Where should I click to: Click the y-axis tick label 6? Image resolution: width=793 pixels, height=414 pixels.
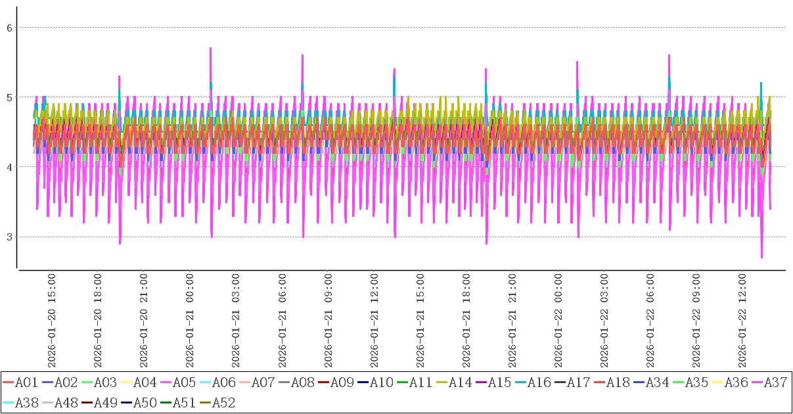click(x=9, y=28)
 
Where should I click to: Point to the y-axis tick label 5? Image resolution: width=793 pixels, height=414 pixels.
click(x=9, y=97)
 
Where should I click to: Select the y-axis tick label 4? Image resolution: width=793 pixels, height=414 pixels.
click(x=9, y=167)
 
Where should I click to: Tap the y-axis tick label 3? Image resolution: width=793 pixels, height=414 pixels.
click(x=9, y=237)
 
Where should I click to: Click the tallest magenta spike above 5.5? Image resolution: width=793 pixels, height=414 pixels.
click(x=210, y=49)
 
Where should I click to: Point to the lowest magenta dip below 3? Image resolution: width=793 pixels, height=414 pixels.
click(x=761, y=257)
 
